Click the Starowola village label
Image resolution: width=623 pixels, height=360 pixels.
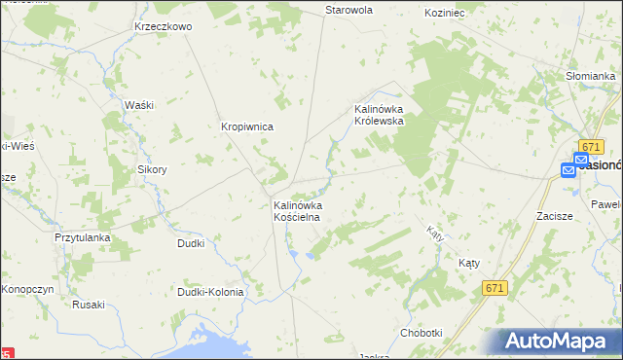pos(348,10)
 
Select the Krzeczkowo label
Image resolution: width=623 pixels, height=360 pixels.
pos(164,26)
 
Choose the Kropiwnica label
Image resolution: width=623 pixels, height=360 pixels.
pos(246,126)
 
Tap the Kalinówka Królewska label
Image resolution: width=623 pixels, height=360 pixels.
pos(384,115)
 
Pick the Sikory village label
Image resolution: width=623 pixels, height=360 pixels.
pos(152,168)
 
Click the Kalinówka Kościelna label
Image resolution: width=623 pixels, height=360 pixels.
pos(297,212)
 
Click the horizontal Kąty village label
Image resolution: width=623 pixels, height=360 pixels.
pos(470,263)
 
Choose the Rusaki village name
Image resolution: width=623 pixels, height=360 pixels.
pos(88,305)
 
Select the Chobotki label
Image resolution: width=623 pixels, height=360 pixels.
pos(421,333)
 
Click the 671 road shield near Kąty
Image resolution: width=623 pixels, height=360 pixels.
pos(495,288)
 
